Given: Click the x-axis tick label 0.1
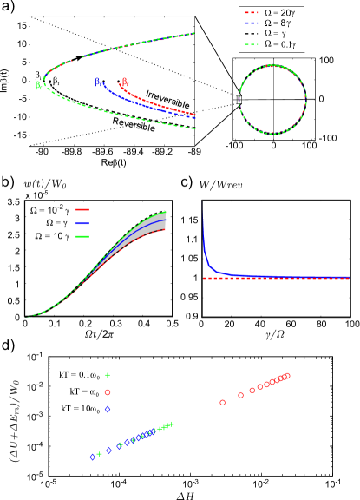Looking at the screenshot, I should tap(56, 324).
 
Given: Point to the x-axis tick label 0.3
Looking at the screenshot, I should tap(115, 324).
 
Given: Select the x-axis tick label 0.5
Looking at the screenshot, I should tap(172, 324).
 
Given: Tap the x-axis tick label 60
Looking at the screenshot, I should tap(291, 324).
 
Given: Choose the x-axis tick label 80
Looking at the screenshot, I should tap(322, 324).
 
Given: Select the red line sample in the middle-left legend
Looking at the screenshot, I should tap(82, 209).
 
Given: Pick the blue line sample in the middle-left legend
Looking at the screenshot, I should tap(82, 223).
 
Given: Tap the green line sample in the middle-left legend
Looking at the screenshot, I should tap(82, 236).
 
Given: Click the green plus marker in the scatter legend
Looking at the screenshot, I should tap(108, 376).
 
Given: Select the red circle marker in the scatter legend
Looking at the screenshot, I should tap(108, 392).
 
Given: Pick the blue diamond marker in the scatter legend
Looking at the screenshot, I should tap(108, 409).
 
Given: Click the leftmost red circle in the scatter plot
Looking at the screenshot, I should tap(223, 402).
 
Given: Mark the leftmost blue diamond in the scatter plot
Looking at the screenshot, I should tap(91, 456).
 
